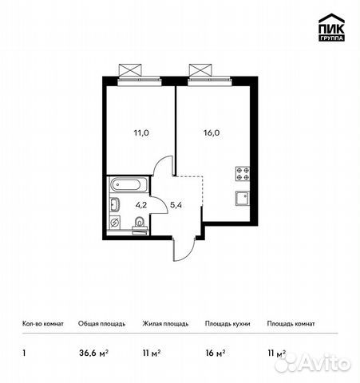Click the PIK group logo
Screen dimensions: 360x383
pyautogui.click(x=331, y=27)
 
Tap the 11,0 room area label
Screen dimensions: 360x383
pyautogui.click(x=141, y=132)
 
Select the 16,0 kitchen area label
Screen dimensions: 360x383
pyautogui.click(x=212, y=132)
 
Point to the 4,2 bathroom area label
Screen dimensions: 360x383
pyautogui.click(x=141, y=205)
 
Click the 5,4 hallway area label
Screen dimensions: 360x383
pyautogui.click(x=176, y=205)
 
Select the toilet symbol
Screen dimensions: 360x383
pyautogui.click(x=139, y=225)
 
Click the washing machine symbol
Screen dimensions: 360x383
pyautogui.click(x=115, y=223)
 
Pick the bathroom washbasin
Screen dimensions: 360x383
pyautogui.click(x=115, y=205)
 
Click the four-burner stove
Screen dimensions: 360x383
pyautogui.click(x=243, y=174)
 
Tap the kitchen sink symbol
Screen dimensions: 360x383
pyautogui.click(x=243, y=199)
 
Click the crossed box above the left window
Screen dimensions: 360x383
pyautogui.click(x=130, y=70)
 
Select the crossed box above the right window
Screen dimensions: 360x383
pyautogui.click(x=200, y=70)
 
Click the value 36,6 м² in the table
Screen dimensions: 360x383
pyautogui.click(x=93, y=353)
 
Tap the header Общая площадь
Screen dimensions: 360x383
pyautogui.click(x=101, y=324)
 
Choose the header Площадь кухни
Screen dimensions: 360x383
pyautogui.click(x=227, y=324)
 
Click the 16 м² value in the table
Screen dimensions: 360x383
pyautogui.click(x=216, y=353)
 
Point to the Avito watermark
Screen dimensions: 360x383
pyautogui.click(x=313, y=363)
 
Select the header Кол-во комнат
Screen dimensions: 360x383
pyautogui.click(x=43, y=324)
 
